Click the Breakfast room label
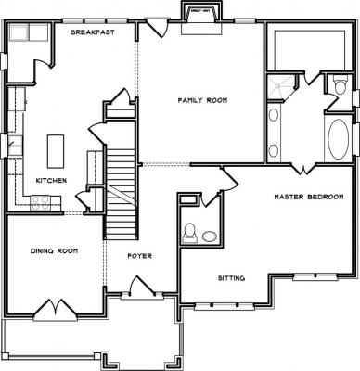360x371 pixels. tap(93, 32)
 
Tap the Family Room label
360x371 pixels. tap(202, 100)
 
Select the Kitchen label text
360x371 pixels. tap(51, 181)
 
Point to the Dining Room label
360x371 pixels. tap(54, 250)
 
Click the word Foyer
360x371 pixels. tap(140, 256)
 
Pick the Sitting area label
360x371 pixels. tap(232, 278)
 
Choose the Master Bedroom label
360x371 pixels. tap(309, 197)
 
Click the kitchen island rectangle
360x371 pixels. tap(56, 151)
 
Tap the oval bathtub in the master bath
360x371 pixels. tap(338, 138)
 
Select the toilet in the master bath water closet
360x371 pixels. tap(340, 85)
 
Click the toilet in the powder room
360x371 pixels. tap(189, 233)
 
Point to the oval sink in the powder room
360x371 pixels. tap(210, 237)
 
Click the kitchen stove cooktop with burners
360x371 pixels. tap(41, 203)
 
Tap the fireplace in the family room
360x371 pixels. tap(201, 21)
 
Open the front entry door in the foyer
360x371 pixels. tap(143, 288)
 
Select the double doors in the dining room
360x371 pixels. tap(56, 310)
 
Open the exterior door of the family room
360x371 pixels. tap(156, 27)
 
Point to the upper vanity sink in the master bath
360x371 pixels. tap(273, 115)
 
